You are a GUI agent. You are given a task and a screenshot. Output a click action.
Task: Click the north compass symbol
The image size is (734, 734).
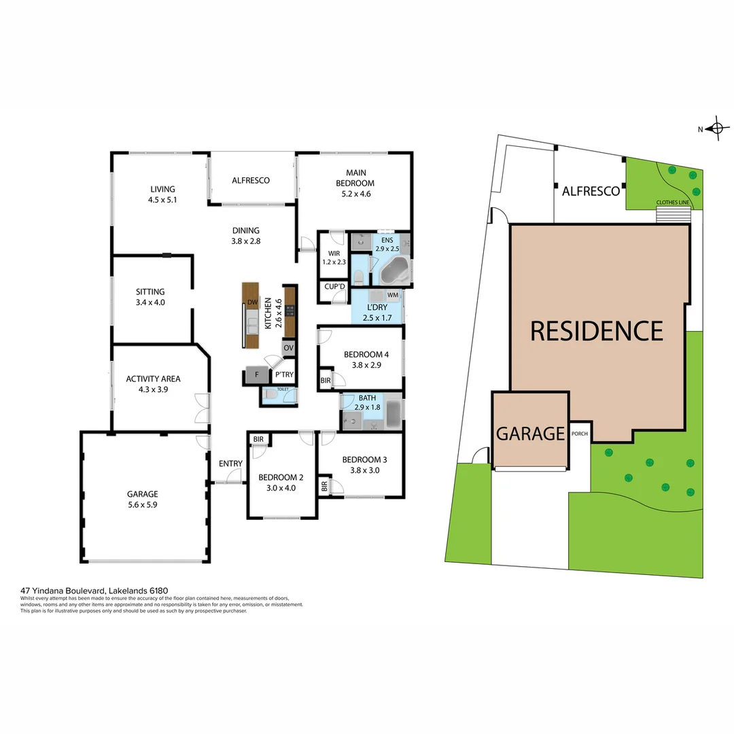[x=716, y=128]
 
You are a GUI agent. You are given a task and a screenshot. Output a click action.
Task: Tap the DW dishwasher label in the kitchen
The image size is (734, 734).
[x=251, y=302]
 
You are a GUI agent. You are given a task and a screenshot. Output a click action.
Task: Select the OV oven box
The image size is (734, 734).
[x=289, y=348]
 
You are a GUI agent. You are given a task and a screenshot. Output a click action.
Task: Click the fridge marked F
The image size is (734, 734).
[x=256, y=374]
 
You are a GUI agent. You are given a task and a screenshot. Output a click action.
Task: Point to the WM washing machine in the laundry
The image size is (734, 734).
[x=392, y=296]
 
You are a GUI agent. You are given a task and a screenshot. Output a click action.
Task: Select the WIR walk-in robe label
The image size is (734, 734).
[x=334, y=254]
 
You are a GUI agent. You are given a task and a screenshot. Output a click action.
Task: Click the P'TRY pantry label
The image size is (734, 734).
[x=283, y=374]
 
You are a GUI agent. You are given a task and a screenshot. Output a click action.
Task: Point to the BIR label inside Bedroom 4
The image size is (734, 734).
[x=326, y=381]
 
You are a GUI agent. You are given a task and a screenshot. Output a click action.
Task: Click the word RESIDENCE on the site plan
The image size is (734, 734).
[x=596, y=331]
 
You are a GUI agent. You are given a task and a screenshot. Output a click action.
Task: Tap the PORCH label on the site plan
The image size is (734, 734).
[x=580, y=434]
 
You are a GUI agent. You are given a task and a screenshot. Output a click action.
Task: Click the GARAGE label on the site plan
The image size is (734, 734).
[x=530, y=433]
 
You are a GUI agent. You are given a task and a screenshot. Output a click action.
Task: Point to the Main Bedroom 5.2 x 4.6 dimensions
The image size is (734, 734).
[x=355, y=194]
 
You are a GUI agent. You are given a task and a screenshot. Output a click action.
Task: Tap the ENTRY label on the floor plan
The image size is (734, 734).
[x=230, y=464]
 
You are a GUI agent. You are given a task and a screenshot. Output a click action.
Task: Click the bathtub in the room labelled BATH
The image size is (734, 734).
[x=393, y=414]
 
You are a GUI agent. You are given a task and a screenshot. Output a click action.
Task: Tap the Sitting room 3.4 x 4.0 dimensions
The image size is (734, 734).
[x=150, y=302]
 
